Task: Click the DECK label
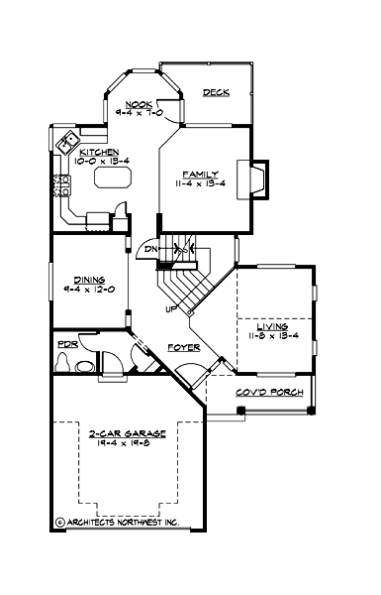pos(216,92)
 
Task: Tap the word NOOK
pos(138,103)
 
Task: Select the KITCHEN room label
pos(100,152)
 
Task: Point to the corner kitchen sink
pos(68,141)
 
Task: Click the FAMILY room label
pos(198,174)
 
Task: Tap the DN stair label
pos(150,250)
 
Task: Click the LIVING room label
pos(272,325)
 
